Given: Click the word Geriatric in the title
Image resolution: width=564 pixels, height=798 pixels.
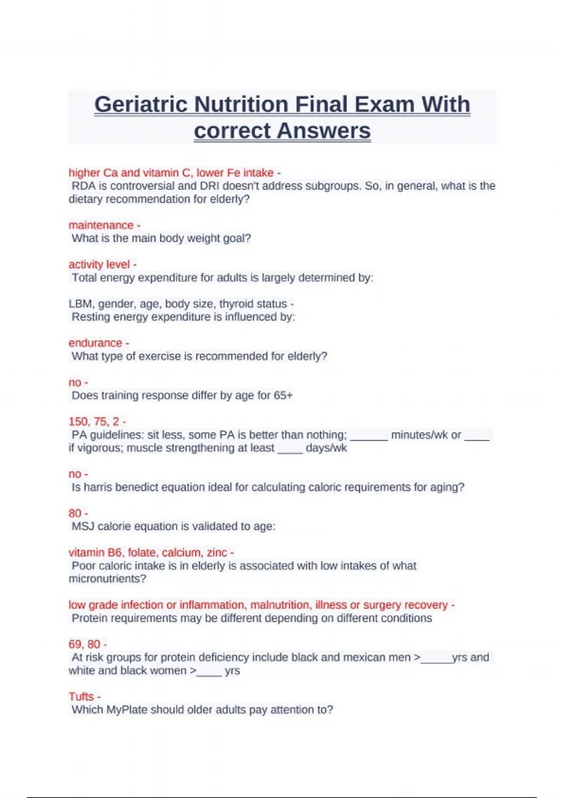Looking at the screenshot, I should [x=141, y=104].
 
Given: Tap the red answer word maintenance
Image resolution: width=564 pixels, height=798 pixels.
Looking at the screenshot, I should [x=101, y=225].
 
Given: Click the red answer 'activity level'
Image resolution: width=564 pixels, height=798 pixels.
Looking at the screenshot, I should [x=99, y=264].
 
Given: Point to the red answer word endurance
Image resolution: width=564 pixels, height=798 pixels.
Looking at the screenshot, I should [x=95, y=343].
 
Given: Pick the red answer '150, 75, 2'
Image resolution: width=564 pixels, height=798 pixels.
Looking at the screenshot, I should [x=94, y=422].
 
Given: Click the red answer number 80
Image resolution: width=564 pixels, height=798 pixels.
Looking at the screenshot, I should [x=75, y=513].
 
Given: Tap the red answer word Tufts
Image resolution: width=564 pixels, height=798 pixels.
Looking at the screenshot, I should [x=81, y=697].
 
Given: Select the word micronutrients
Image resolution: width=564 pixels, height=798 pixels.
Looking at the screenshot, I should [x=107, y=579].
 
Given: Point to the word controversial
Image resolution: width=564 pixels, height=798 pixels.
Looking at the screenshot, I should [x=142, y=186].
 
